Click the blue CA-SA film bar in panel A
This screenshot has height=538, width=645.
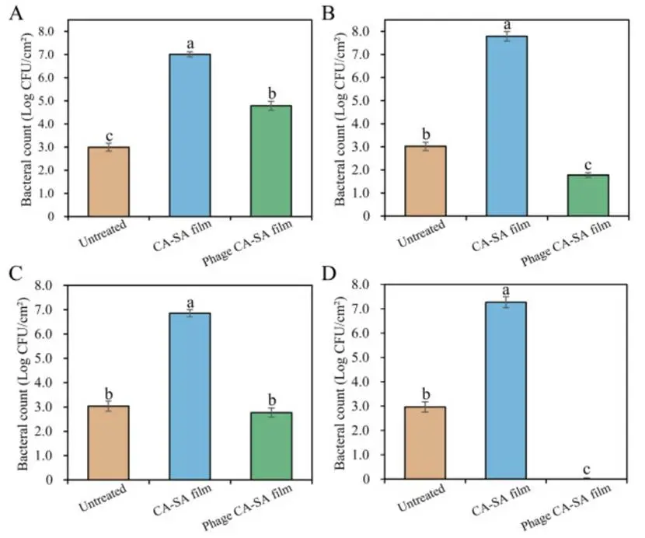coord(190,135)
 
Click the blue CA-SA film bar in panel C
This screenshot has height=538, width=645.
coord(190,397)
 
